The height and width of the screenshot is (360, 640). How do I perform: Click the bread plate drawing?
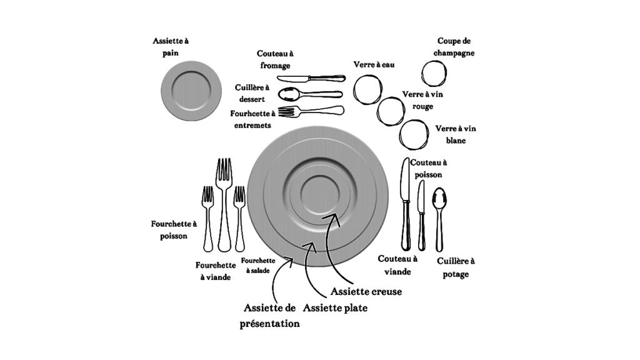click(191, 91)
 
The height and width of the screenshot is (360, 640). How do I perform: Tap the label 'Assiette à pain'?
click(171, 46)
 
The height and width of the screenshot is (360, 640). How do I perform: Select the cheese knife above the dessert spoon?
click(311, 78)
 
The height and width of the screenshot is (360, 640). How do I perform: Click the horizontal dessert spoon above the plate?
click(310, 94)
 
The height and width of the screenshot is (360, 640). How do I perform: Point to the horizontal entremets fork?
click(311, 111)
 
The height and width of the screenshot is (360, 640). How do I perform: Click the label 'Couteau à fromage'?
click(275, 59)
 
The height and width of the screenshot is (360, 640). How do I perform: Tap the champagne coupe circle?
click(434, 74)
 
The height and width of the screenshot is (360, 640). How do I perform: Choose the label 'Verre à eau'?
click(374, 64)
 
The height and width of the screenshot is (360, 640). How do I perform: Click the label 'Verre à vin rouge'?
click(422, 100)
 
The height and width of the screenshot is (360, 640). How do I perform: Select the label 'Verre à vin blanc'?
click(456, 134)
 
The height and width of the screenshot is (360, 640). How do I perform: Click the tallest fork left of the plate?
click(224, 204)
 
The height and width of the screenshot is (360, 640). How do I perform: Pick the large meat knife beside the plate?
click(405, 204)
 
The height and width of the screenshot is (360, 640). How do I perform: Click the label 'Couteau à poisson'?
click(428, 168)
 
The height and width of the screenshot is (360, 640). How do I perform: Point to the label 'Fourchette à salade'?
click(258, 265)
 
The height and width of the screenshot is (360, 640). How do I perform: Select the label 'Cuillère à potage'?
click(456, 267)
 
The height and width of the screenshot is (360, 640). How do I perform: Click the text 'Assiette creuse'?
click(366, 291)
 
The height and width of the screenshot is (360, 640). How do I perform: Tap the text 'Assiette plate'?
click(335, 307)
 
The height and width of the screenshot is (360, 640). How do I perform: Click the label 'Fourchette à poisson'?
click(174, 230)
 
